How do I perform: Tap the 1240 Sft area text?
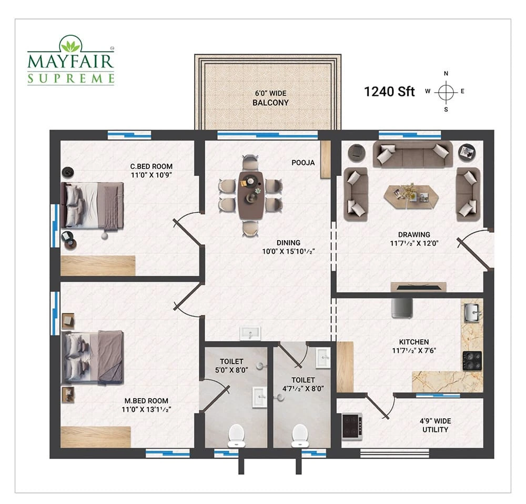389,92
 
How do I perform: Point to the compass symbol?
446,91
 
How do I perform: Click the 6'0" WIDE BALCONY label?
270,98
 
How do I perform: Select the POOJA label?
303,163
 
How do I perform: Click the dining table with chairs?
250,195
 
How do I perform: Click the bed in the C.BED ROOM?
92,206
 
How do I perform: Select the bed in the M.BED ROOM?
92,357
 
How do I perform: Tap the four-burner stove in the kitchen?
472,361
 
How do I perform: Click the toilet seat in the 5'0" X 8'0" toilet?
236,436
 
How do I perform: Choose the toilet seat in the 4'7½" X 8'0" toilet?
300,436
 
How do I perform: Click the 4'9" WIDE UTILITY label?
435,425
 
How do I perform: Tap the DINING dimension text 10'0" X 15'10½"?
288,251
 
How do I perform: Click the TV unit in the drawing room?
418,287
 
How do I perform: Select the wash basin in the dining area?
250,333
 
